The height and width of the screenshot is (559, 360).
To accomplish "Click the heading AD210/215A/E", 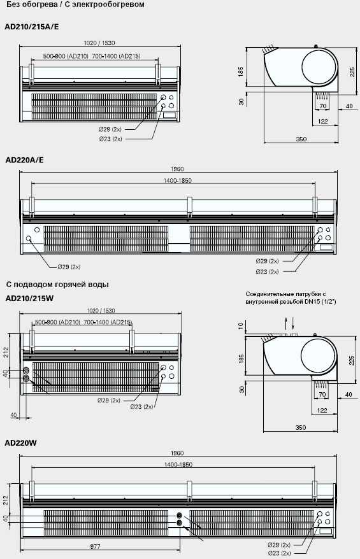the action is pyautogui.click(x=32, y=27).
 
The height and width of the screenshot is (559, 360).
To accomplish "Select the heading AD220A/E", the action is pyautogui.click(x=25, y=160).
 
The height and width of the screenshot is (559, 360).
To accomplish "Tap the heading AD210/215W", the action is pyautogui.click(x=29, y=299).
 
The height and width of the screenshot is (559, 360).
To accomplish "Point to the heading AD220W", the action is pyautogui.click(x=21, y=443).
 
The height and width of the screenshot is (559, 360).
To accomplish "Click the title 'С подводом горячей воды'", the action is pyautogui.click(x=57, y=285).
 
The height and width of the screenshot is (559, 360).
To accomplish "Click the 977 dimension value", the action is pyautogui.click(x=96, y=546).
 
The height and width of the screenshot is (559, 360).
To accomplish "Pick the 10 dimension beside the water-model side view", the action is pyautogui.click(x=241, y=325).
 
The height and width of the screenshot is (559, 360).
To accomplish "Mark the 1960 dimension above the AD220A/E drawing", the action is pyautogui.click(x=177, y=169).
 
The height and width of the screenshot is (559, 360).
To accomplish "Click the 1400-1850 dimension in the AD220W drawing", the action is pyautogui.click(x=178, y=465).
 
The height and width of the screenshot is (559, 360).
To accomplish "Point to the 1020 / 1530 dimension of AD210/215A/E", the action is pyautogui.click(x=99, y=43).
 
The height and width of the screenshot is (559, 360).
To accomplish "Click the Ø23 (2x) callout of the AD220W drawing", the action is pyautogui.click(x=279, y=553).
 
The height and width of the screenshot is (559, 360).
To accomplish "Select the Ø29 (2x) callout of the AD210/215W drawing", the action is pyautogui.click(x=109, y=400).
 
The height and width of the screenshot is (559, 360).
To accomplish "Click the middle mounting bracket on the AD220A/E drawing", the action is pyautogui.click(x=189, y=207).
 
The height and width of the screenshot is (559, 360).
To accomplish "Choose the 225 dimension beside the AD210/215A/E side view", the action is pyautogui.click(x=352, y=72).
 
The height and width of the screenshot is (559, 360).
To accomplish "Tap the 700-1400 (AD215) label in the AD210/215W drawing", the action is pyautogui.click(x=108, y=322).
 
